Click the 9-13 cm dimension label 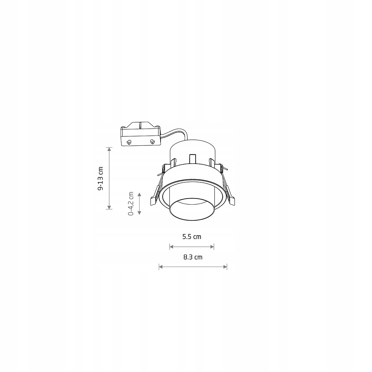[100, 178]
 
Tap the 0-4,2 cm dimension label [131, 203]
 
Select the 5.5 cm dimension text [192, 237]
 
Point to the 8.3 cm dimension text [193, 257]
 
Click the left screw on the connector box [129, 142]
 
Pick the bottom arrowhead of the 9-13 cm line [109, 207]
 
